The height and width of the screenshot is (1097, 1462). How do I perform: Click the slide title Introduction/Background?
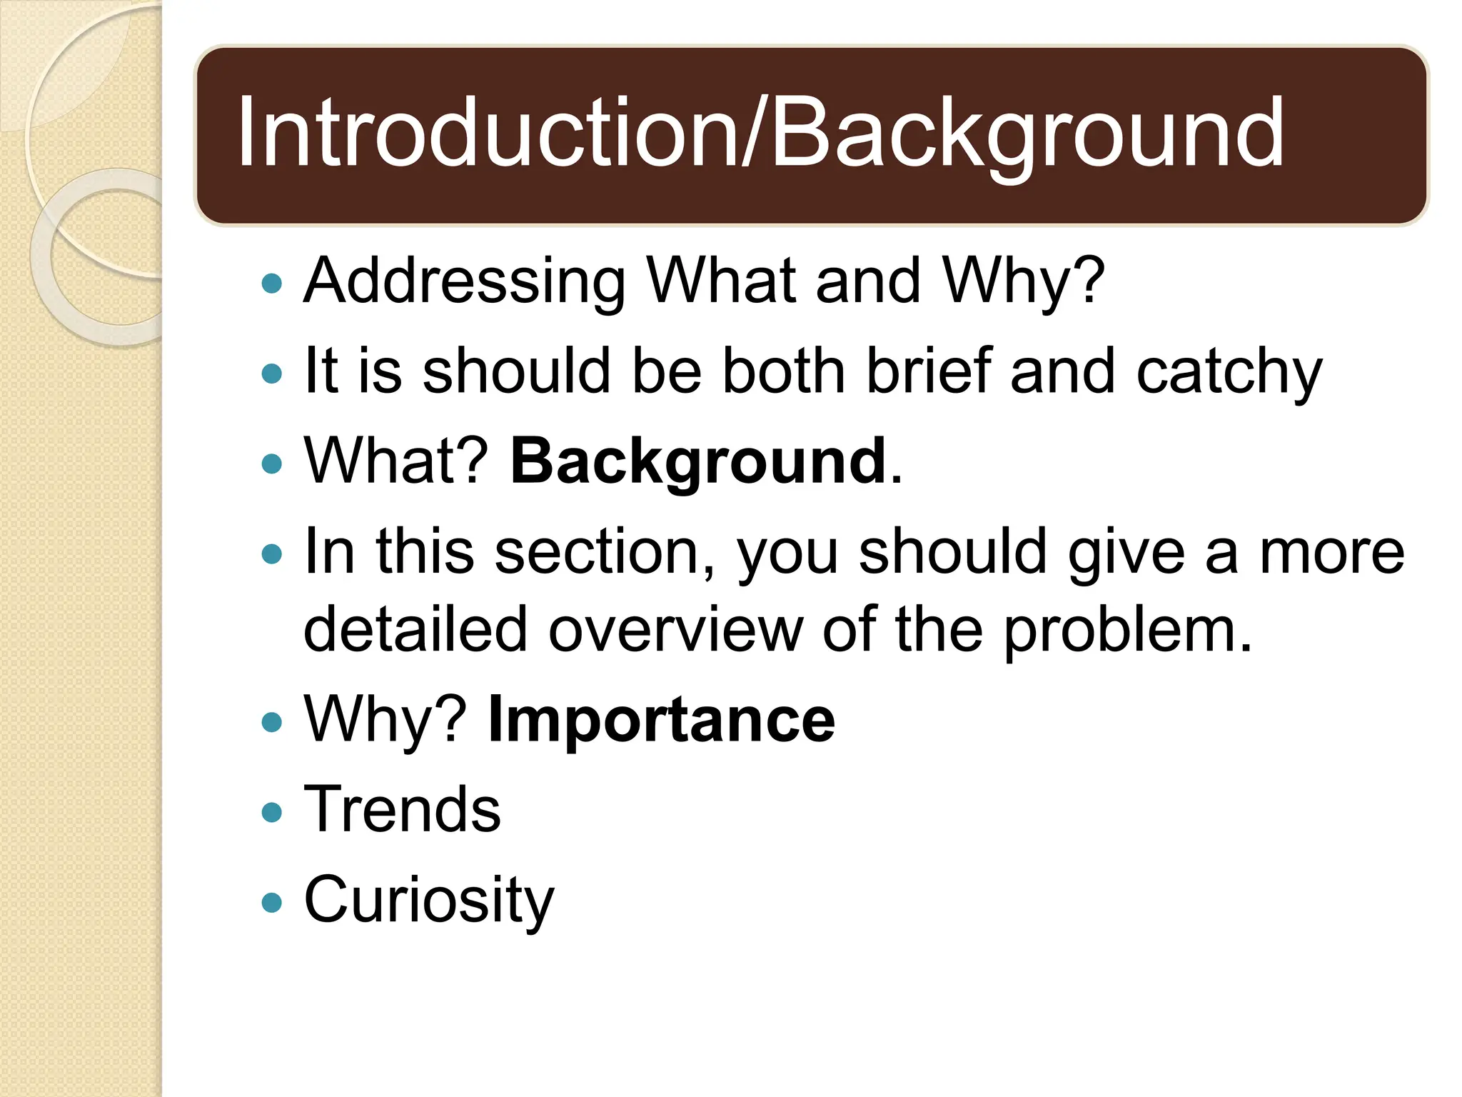click(x=760, y=134)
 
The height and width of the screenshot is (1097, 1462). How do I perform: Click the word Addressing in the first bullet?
click(x=464, y=281)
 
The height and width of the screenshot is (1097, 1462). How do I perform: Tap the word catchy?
click(x=1229, y=372)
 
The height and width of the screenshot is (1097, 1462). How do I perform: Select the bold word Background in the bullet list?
click(x=698, y=461)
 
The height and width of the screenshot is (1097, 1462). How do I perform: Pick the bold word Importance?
click(x=660, y=720)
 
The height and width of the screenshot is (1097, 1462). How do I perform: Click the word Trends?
click(x=402, y=810)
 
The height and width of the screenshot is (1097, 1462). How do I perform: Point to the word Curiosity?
click(x=428, y=901)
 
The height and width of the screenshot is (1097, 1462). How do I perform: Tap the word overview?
click(x=675, y=630)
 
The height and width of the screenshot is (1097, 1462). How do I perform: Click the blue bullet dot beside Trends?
click(x=272, y=812)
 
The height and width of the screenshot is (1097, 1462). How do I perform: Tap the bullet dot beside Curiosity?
click(x=272, y=902)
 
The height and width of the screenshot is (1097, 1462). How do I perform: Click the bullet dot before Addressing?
click(x=272, y=284)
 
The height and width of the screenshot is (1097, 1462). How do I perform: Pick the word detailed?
click(x=415, y=630)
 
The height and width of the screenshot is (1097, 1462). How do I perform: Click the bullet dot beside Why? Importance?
click(x=272, y=722)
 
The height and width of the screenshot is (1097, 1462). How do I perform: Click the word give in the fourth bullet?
click(x=1126, y=552)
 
